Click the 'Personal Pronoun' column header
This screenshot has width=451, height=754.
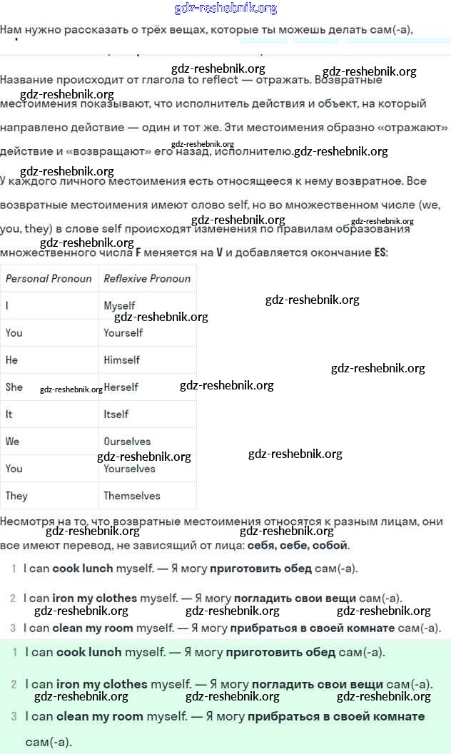tap(49, 278)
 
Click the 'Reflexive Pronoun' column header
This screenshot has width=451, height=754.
tap(147, 278)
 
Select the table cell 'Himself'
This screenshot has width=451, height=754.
tap(121, 360)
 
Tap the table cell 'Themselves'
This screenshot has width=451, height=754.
tap(132, 496)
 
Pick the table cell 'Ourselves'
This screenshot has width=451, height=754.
tap(127, 442)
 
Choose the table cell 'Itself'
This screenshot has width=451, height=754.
tap(116, 414)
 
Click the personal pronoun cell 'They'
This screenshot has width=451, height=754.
tap(16, 496)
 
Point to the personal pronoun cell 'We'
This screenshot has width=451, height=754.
tap(12, 442)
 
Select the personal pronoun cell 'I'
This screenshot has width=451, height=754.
tap(7, 305)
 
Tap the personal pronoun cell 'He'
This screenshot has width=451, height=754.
tap(11, 360)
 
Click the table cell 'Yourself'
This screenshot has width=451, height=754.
tap(123, 333)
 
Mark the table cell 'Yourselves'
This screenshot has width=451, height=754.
tap(129, 469)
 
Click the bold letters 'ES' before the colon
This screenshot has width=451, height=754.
tap(380, 253)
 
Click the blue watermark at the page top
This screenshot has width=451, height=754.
tap(225, 9)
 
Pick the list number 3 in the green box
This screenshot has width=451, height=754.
tap(14, 715)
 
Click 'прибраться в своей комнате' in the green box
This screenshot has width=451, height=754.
tap(336, 715)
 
